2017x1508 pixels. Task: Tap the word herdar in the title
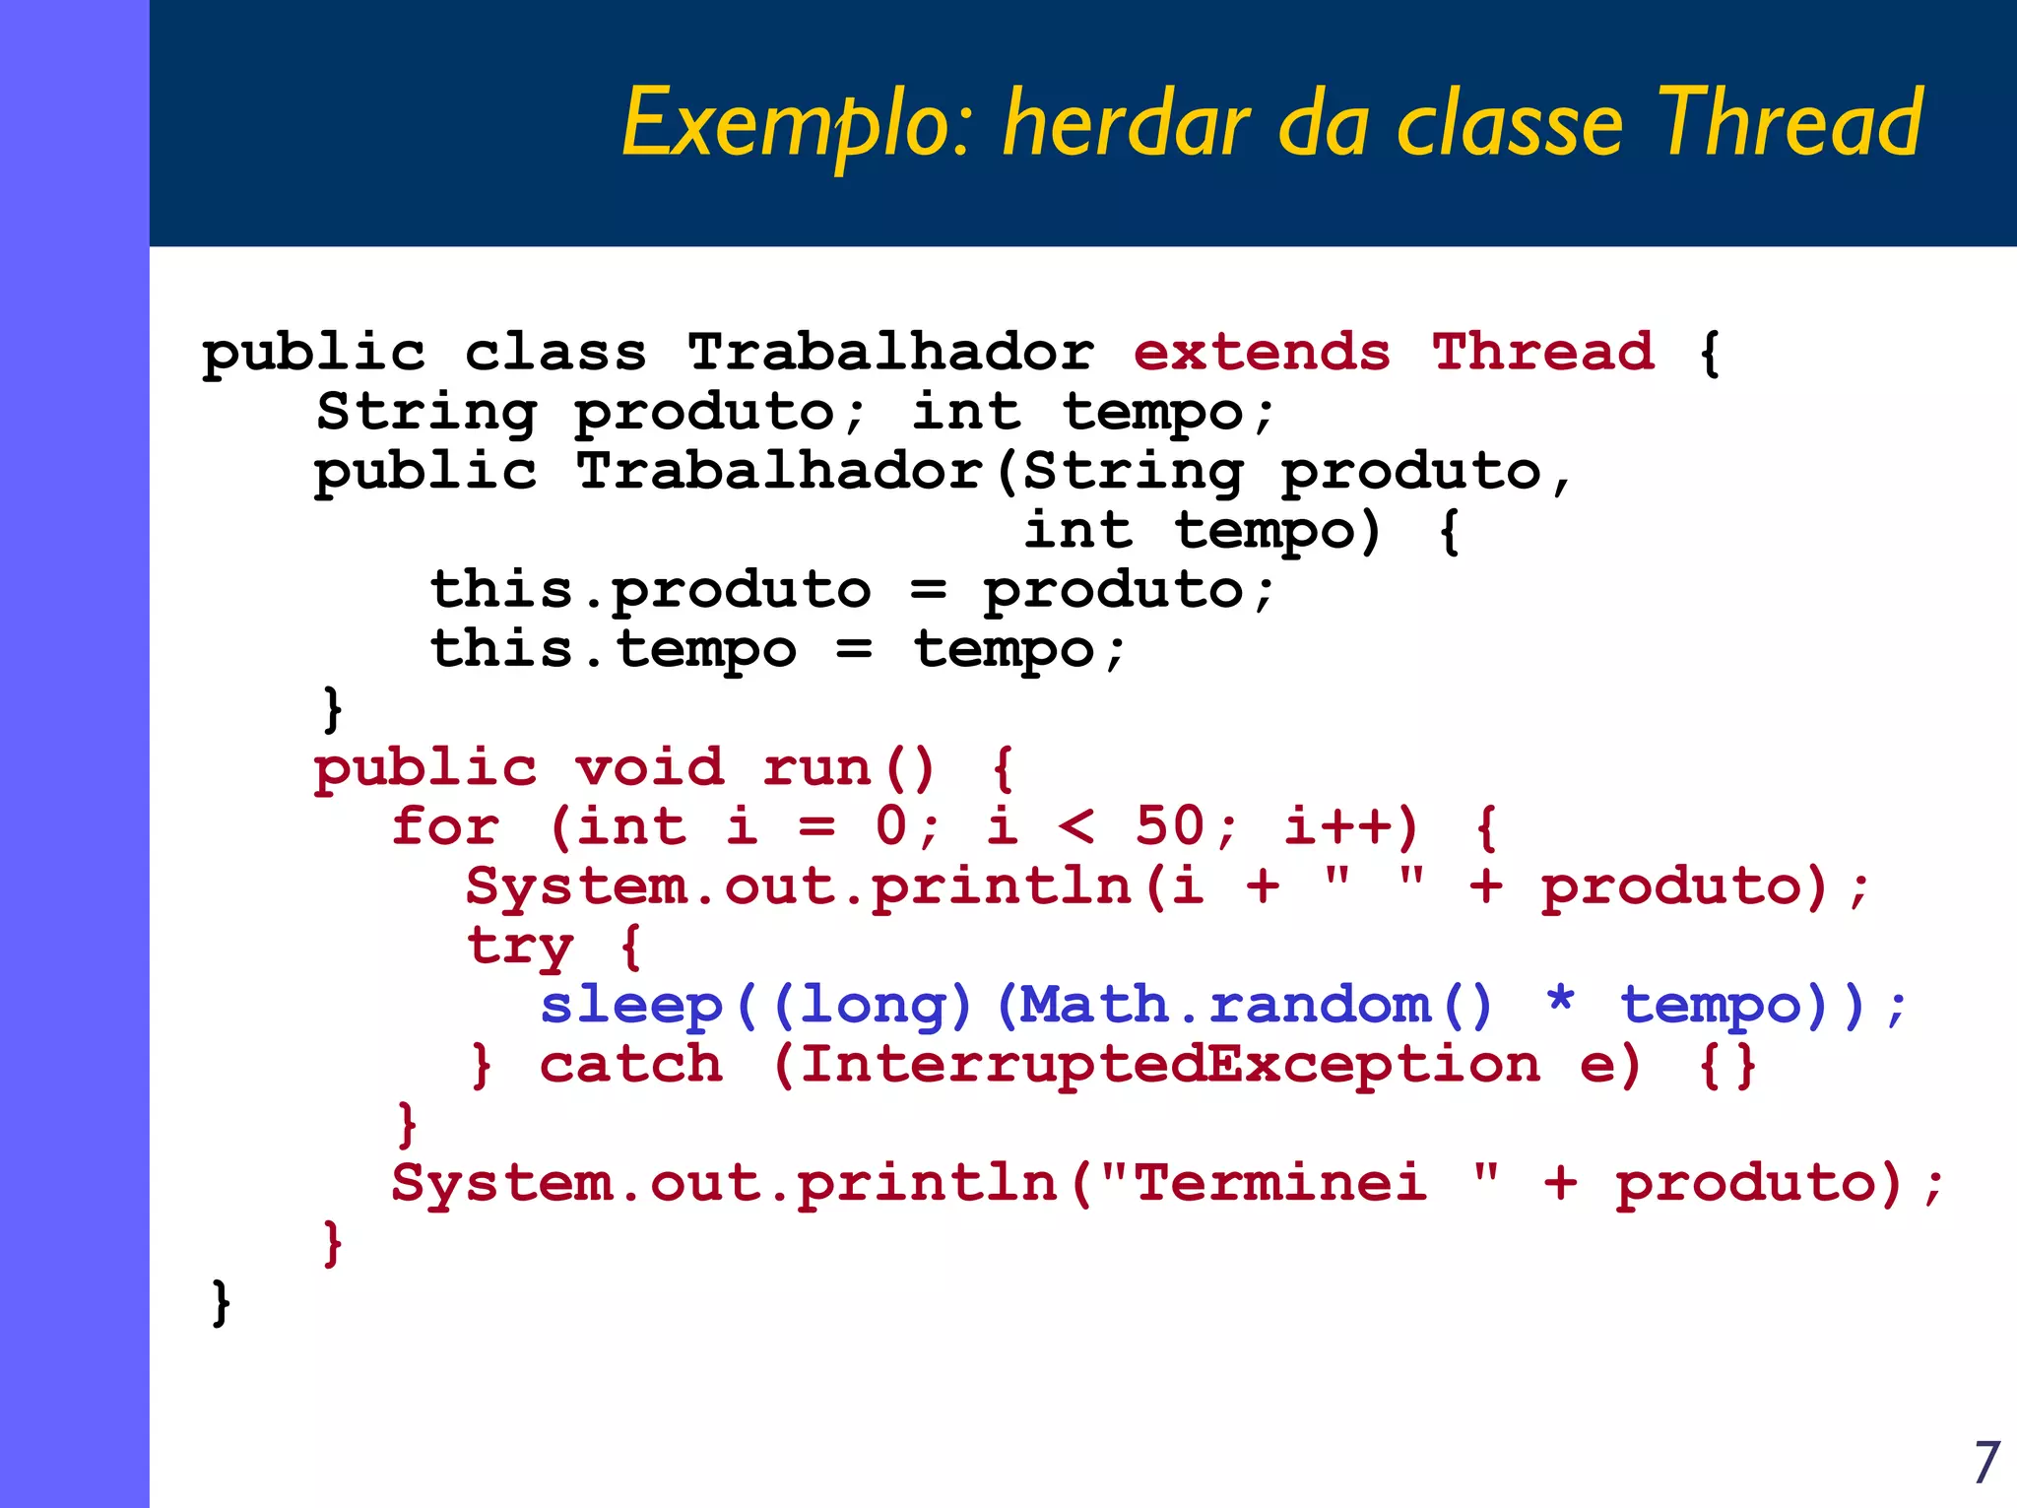(x=1126, y=123)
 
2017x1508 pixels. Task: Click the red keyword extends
(x=1262, y=352)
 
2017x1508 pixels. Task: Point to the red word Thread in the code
(x=1543, y=352)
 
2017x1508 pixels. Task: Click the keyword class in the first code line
(x=555, y=352)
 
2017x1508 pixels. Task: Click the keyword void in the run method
(x=650, y=767)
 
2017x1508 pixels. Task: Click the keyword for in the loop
(x=445, y=826)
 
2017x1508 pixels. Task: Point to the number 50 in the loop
(x=1169, y=826)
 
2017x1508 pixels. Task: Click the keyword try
(x=519, y=947)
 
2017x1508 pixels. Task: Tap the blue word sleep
(x=631, y=1006)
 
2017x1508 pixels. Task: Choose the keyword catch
(x=631, y=1065)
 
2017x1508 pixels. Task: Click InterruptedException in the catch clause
(x=1170, y=1065)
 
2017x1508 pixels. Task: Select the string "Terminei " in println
(x=1300, y=1182)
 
